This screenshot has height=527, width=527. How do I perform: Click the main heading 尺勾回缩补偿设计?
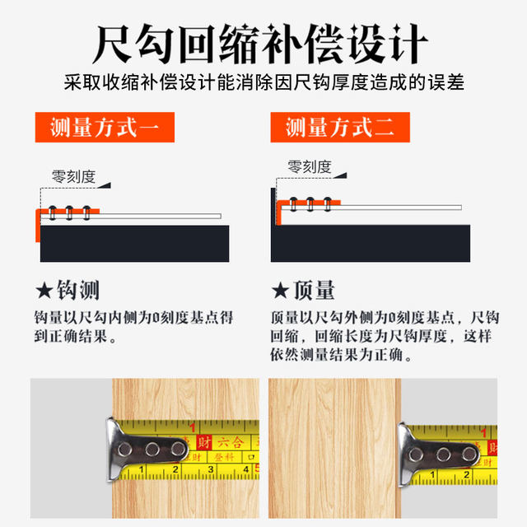click(263, 41)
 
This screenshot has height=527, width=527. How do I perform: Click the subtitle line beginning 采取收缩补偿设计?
click(263, 83)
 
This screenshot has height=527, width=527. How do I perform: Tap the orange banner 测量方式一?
click(104, 128)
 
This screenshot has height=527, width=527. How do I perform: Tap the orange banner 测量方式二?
click(339, 128)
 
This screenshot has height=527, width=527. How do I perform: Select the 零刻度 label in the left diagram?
click(74, 176)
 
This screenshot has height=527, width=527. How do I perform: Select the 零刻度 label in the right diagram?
click(310, 167)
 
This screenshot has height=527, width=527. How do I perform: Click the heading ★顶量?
click(303, 291)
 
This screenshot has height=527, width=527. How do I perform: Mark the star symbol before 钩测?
click(44, 291)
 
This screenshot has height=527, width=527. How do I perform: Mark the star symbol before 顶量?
click(280, 291)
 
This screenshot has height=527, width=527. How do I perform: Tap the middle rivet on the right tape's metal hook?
click(444, 454)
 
